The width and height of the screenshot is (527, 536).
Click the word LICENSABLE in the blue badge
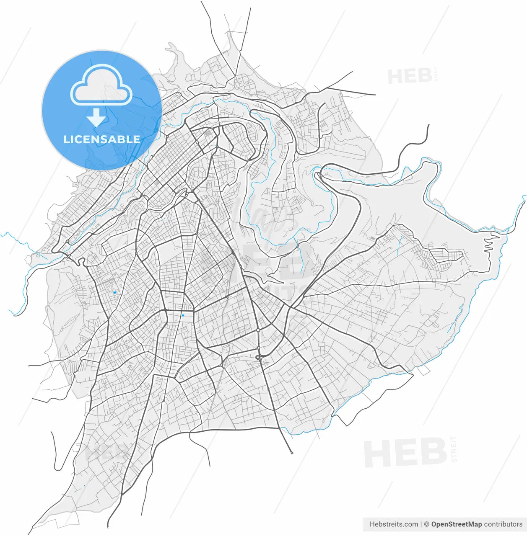click(101, 139)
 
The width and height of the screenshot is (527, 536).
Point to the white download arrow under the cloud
click(96, 118)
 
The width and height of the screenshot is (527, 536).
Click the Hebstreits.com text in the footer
click(394, 524)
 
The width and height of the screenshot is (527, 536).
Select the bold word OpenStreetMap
click(456, 524)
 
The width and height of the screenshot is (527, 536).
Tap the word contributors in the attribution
click(503, 524)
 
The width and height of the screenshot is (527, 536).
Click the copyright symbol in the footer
click(426, 524)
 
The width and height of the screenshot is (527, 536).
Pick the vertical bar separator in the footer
click(421, 524)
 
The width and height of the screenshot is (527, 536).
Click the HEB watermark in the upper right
click(410, 77)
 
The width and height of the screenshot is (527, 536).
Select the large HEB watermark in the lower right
click(405, 453)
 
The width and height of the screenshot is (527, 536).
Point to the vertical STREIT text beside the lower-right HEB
click(454, 449)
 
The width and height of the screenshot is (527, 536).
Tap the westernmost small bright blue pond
click(114, 292)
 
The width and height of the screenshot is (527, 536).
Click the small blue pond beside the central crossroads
click(183, 315)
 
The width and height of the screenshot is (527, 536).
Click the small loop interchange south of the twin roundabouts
click(259, 357)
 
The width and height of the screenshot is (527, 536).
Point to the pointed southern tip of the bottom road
click(291, 453)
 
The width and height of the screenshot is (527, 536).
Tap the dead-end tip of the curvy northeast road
click(428, 125)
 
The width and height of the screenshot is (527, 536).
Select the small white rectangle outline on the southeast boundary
click(423, 370)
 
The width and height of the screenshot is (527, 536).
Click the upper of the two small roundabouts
click(259, 331)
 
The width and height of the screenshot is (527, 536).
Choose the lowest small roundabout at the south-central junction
click(221, 365)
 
